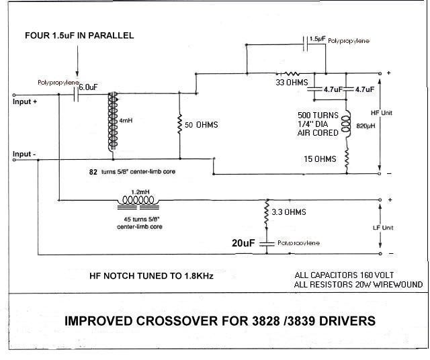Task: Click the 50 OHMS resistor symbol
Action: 179,125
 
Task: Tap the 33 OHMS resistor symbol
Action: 293,74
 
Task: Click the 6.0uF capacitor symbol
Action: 75,95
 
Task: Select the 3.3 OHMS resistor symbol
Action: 267,212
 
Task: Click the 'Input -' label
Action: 25,154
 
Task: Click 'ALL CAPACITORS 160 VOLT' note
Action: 345,275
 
